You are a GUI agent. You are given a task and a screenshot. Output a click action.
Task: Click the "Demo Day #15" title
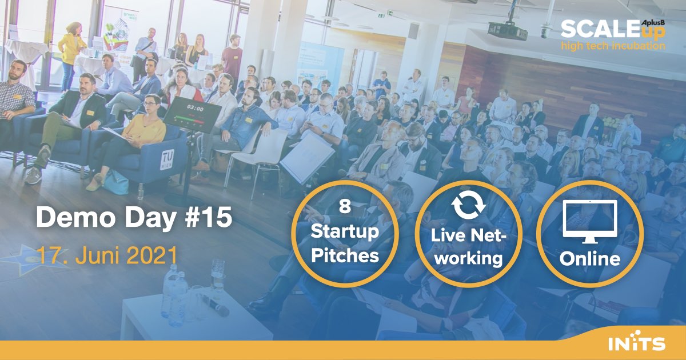tap(134, 217)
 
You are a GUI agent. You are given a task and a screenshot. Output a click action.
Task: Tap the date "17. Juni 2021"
tap(107, 255)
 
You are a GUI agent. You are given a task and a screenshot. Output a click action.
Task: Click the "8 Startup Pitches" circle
tap(345, 234)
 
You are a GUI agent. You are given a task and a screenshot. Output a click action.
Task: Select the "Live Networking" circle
tap(468, 234)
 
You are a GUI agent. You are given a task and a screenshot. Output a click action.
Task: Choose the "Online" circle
tap(590, 234)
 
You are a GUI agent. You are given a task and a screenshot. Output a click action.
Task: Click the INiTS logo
tap(636, 343)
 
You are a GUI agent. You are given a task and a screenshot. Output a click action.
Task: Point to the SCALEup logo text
tap(613, 30)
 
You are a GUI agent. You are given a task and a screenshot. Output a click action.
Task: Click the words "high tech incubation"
tap(613, 46)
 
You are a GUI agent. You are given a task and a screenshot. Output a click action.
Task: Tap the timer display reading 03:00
tap(195, 109)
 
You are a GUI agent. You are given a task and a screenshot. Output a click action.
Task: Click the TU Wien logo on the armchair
tap(167, 159)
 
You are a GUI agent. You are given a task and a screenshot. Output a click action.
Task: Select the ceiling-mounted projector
tap(508, 30)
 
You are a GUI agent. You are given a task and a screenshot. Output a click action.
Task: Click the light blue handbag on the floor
tap(115, 183)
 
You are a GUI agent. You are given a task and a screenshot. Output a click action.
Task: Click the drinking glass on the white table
tap(218, 274)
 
